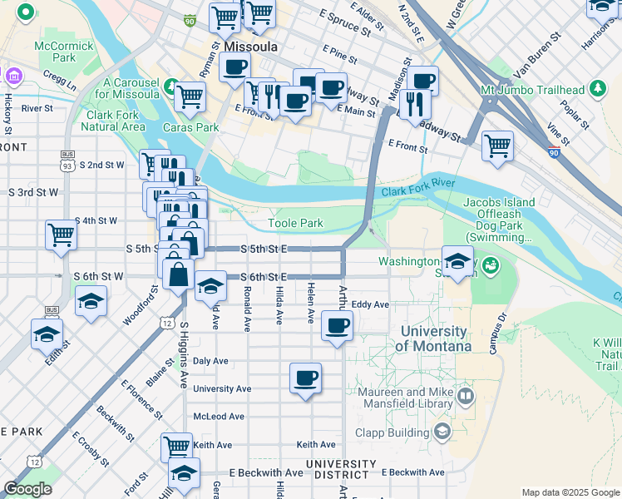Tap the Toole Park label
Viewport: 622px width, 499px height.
pos(295,224)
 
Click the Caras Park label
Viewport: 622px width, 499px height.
pos(191,127)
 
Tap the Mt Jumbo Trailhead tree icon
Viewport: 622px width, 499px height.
pos(596,88)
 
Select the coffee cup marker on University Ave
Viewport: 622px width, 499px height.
pos(305,378)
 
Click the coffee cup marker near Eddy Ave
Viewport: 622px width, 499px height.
pos(337,325)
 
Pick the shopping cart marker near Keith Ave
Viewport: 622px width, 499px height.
pos(176,447)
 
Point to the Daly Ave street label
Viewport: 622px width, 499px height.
pos(210,361)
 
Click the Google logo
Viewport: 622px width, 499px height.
pos(27,488)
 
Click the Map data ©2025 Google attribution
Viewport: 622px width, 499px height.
pos(570,492)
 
